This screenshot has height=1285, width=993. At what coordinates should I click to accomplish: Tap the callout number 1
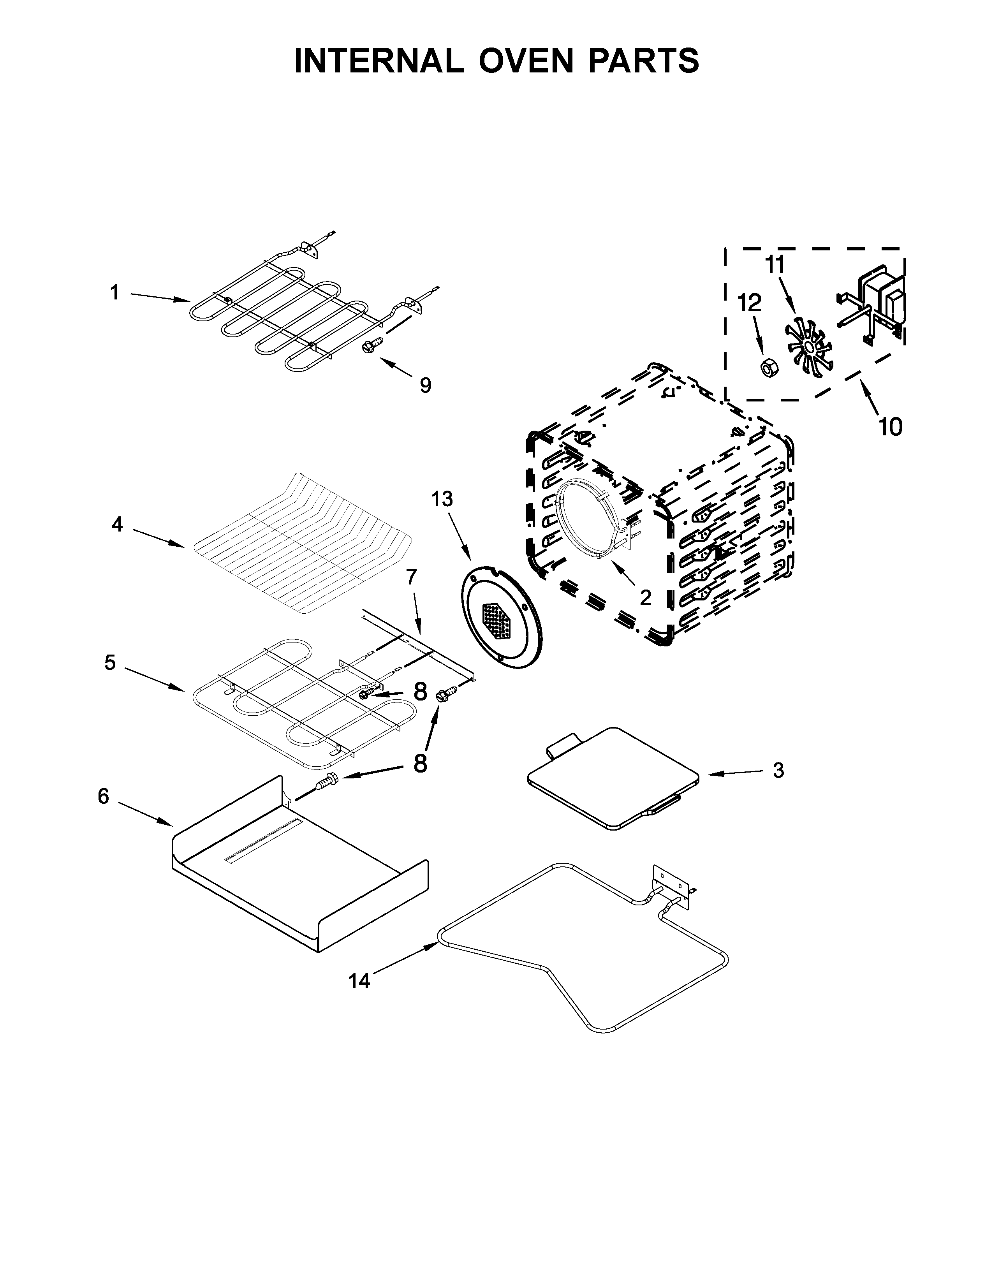click(115, 292)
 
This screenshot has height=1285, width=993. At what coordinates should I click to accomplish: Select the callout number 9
click(425, 385)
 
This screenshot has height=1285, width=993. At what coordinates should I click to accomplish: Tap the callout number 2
click(645, 598)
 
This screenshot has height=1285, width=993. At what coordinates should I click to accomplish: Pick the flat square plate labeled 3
click(612, 778)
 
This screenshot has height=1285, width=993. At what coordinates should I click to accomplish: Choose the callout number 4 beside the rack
click(117, 524)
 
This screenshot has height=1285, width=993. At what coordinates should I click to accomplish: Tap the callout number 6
click(104, 797)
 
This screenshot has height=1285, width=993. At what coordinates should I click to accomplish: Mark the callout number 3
click(778, 770)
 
